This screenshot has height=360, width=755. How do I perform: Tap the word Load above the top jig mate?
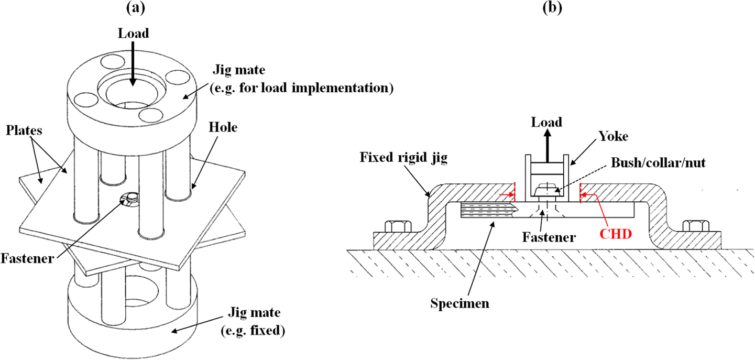click(133, 33)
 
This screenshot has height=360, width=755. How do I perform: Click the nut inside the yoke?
click(545, 187)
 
